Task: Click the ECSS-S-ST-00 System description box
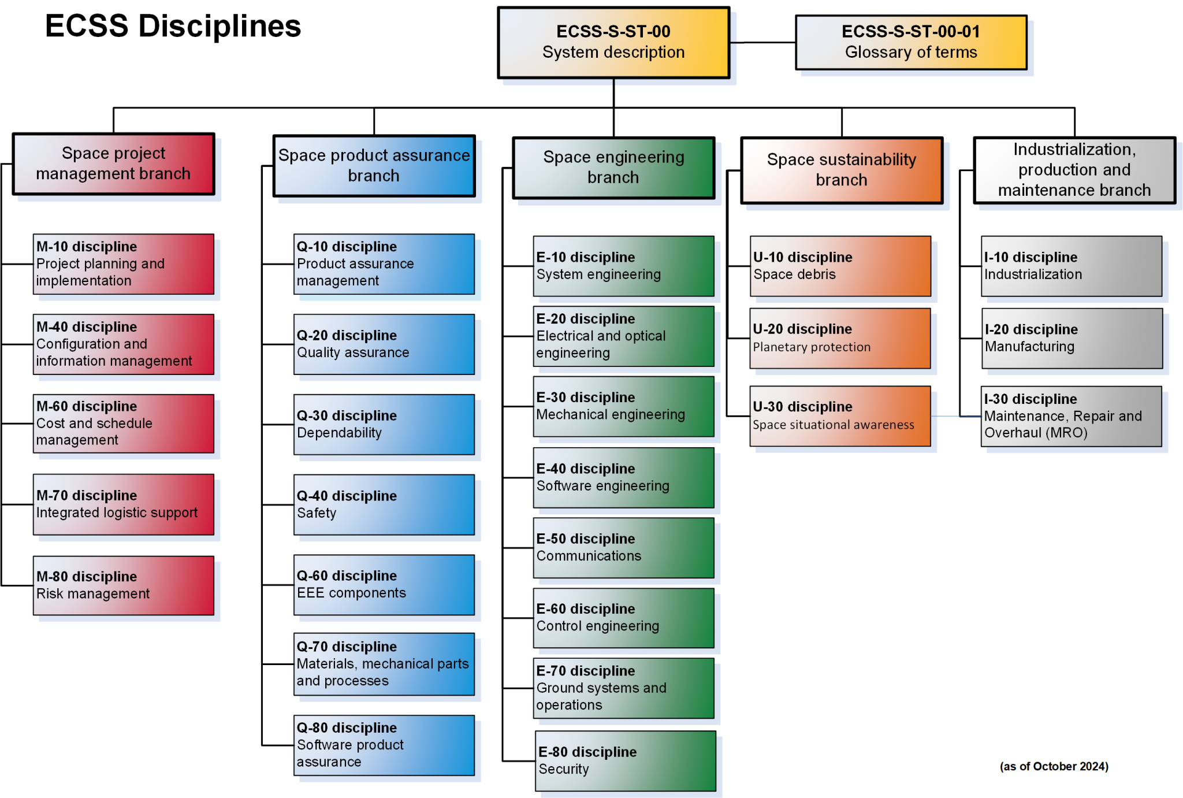613,42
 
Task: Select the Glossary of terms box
910,42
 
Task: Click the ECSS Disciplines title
173,27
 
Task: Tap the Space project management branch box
114,164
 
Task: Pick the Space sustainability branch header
841,170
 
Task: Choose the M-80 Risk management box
123,585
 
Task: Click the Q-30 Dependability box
384,425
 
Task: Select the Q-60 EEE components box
384,585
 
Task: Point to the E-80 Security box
625,760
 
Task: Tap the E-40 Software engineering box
623,477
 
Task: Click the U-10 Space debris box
840,266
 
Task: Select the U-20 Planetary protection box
840,338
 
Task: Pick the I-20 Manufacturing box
1072,338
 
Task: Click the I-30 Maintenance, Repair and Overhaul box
1071,416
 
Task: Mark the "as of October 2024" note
1054,766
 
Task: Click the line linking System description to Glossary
762,42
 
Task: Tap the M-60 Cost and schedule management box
123,424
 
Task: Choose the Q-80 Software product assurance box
384,745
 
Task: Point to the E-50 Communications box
623,548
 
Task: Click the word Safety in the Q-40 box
317,513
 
